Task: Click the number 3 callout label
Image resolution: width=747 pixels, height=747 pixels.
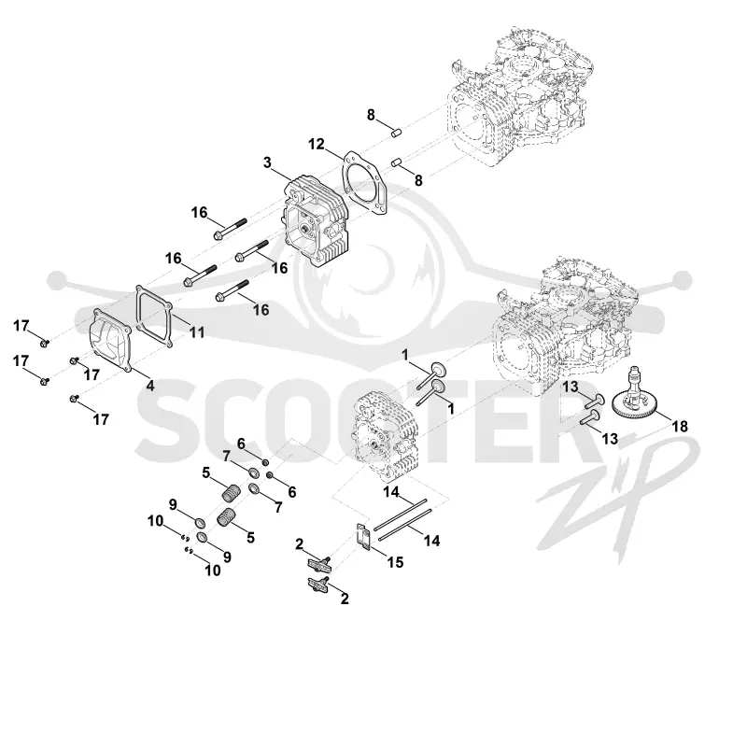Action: [x=267, y=162]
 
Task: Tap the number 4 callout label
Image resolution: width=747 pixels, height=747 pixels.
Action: [x=150, y=386]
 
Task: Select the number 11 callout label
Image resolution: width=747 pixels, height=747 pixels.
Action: [x=197, y=332]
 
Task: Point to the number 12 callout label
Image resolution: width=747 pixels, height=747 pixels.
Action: [x=317, y=144]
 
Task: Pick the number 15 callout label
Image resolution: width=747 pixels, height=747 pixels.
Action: [x=395, y=562]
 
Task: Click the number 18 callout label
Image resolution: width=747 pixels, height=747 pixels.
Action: [x=680, y=426]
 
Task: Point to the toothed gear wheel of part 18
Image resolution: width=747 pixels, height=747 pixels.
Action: [x=637, y=406]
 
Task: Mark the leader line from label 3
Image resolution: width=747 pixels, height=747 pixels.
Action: [x=282, y=175]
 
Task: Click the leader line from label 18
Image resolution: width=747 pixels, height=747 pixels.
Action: [x=659, y=415]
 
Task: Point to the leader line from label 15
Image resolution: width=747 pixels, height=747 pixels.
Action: [x=379, y=553]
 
